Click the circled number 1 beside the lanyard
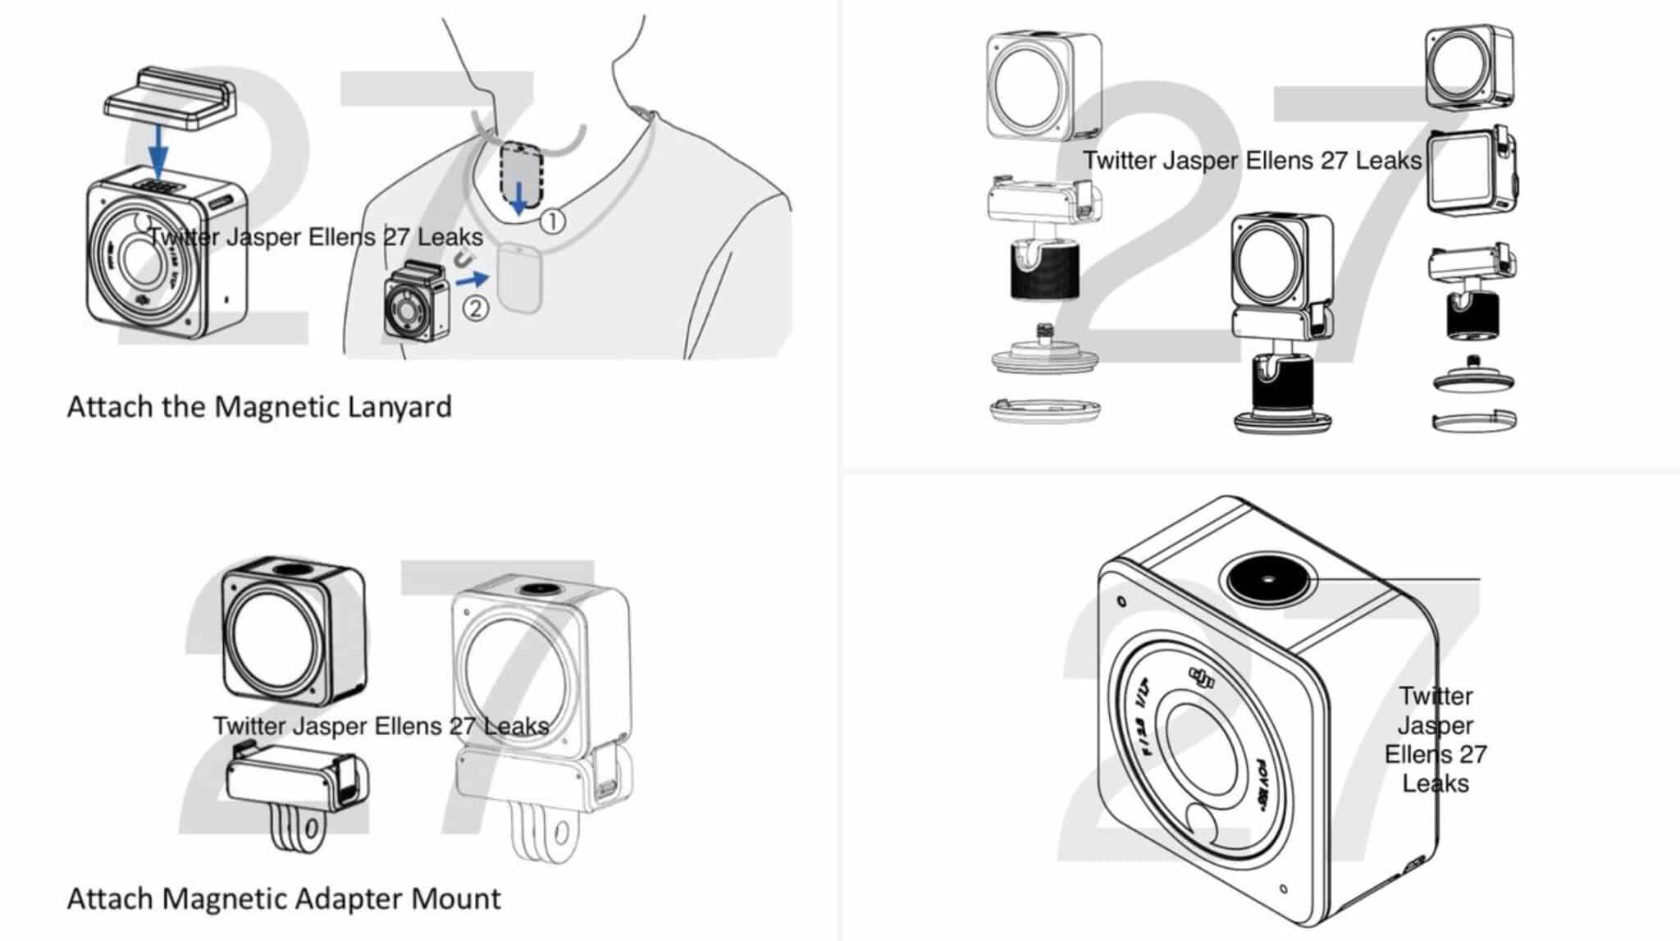coord(553,221)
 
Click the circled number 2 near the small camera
coord(476,308)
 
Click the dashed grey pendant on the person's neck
coord(521,173)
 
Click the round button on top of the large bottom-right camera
coord(1268,578)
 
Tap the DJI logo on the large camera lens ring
coord(1202,678)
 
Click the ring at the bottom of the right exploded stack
coord(1473,422)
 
